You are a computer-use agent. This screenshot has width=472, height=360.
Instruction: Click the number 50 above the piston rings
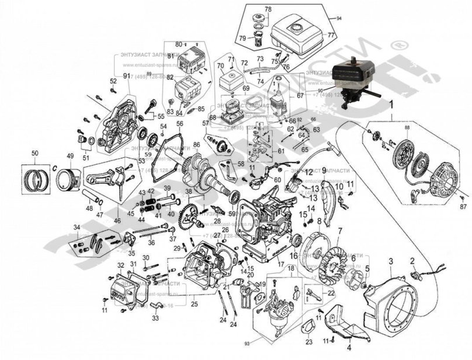pos(34,153)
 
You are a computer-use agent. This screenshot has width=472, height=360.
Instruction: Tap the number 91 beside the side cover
pos(126,77)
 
